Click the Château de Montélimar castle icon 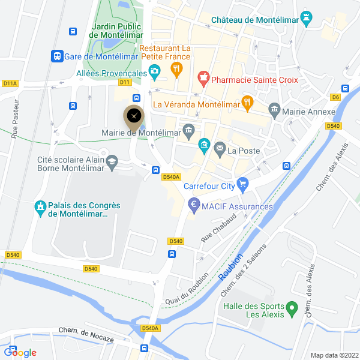point(308,19)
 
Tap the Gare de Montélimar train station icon point(57,56)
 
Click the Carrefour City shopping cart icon point(243,185)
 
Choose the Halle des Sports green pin point(292,310)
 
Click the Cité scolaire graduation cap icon point(112,161)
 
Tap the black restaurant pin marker point(133,115)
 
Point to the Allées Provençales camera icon point(154,73)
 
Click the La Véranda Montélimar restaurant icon point(246,103)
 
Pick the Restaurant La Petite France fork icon point(176,70)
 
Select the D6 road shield point(335,97)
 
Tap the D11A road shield point(10,83)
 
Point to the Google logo point(20,352)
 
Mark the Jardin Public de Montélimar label point(116,31)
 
